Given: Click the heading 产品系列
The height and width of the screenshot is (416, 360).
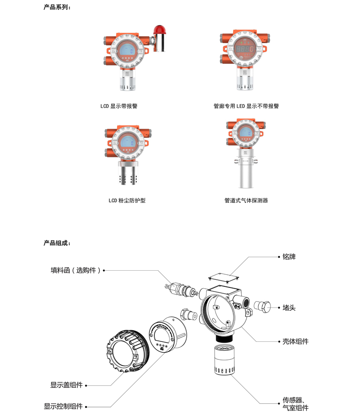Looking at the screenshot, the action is click(x=57, y=7).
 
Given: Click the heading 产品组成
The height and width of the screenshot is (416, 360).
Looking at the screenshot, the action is click(x=57, y=243).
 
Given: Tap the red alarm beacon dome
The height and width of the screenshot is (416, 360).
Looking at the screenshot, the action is click(x=159, y=29).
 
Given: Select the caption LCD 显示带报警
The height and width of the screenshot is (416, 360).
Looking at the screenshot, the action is click(x=119, y=106).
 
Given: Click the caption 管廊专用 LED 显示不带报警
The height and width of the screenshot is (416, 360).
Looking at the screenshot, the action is click(x=246, y=106).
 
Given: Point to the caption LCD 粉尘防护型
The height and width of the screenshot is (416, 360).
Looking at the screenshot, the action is click(x=127, y=201).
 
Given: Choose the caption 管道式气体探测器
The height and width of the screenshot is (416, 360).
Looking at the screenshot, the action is click(x=246, y=201).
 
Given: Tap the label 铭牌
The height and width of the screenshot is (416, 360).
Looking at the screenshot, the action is click(x=289, y=256).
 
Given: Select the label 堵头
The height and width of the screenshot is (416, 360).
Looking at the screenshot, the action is click(x=289, y=308).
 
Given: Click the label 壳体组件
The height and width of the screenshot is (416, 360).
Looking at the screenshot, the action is click(x=296, y=341).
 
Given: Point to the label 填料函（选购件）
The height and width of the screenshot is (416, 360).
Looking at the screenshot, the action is click(x=76, y=270).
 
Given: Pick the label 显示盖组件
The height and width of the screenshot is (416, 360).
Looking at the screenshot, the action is click(x=66, y=385).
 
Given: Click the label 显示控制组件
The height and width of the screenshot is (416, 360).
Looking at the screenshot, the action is click(x=63, y=406).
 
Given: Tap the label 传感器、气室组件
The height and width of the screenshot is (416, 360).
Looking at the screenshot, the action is click(x=296, y=404).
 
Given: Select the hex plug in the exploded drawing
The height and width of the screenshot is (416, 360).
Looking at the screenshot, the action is click(x=262, y=307).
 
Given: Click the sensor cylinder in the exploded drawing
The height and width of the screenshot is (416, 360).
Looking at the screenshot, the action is click(x=225, y=359).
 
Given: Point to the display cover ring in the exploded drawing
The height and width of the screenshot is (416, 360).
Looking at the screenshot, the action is click(x=127, y=351).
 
